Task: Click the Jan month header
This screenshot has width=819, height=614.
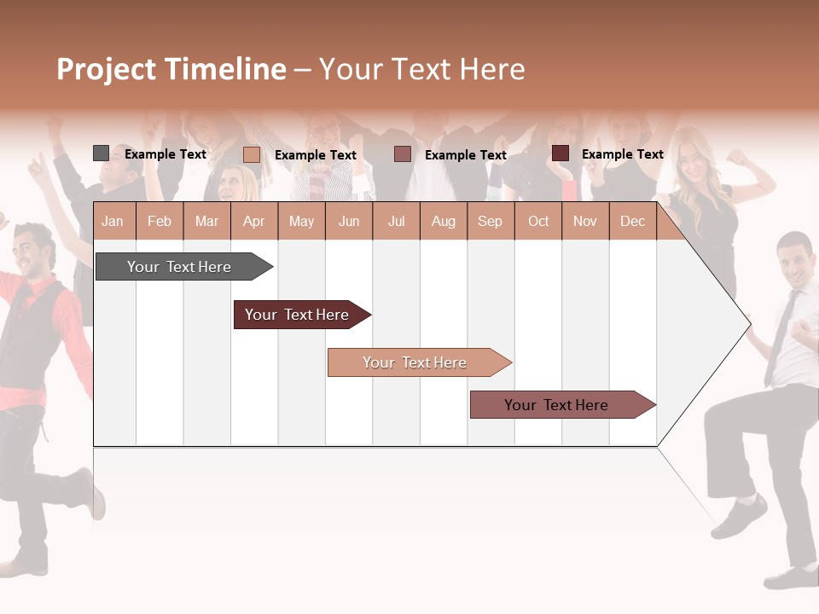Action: tap(113, 221)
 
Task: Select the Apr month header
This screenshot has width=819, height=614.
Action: tap(253, 221)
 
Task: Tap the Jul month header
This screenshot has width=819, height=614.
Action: tap(396, 221)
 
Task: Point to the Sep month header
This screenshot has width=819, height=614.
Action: tap(490, 221)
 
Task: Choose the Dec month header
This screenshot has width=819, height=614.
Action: tap(632, 221)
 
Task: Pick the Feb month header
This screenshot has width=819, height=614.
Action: tap(160, 221)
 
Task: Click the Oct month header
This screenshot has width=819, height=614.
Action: tap(538, 221)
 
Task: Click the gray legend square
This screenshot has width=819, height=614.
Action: tap(101, 153)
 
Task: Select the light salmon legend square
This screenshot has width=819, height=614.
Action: tap(251, 154)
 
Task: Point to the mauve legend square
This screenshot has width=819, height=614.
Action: tap(403, 154)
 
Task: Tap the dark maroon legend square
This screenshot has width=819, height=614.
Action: tap(560, 153)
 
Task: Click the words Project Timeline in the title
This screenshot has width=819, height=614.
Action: tap(171, 69)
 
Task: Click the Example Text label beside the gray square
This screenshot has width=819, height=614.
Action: tap(166, 154)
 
